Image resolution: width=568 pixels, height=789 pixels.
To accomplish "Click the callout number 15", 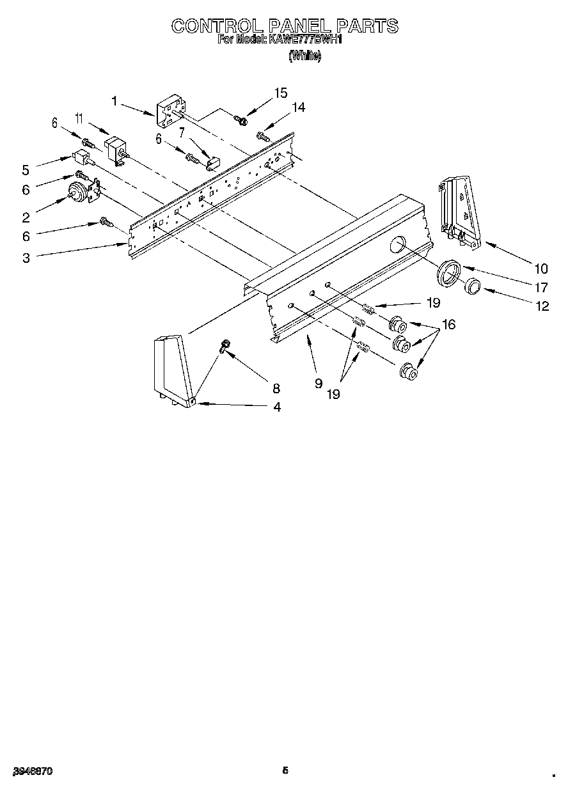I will (281, 93).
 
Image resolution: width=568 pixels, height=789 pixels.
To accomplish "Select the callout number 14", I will (297, 107).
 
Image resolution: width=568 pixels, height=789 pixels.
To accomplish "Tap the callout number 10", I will (542, 269).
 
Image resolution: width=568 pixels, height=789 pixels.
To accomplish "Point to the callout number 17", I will (542, 288).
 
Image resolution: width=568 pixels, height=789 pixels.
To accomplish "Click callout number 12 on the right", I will (542, 306).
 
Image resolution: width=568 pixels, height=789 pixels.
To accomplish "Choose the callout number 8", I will (276, 387).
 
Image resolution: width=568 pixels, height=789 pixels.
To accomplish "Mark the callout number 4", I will (276, 407).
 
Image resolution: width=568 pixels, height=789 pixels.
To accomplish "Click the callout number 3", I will (26, 258).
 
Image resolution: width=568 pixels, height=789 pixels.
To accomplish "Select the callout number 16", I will (448, 325).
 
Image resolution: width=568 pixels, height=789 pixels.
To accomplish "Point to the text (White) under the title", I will (304, 56).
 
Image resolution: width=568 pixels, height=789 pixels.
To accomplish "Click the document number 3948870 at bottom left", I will (31, 771).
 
